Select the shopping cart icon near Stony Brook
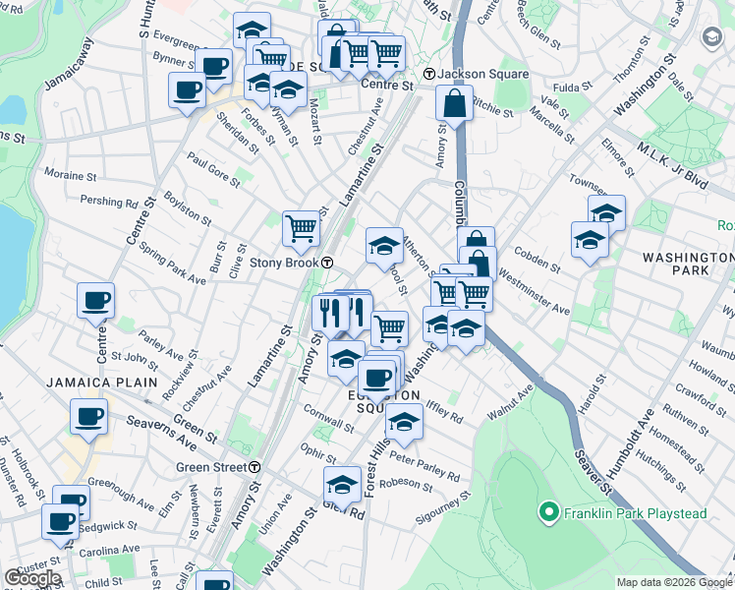click(302, 228)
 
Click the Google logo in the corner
click(31, 578)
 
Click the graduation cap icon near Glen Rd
click(342, 484)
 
